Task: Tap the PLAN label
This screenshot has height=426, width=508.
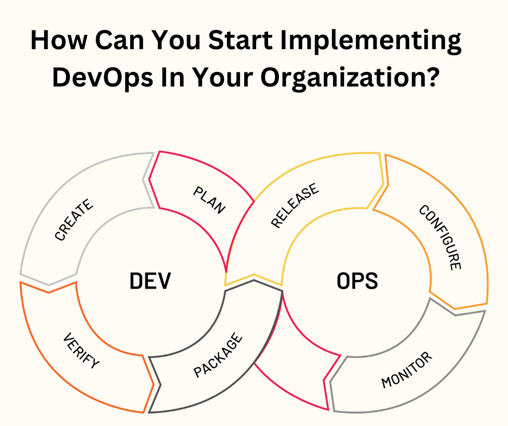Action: click(209, 200)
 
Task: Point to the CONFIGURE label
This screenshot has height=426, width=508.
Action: click(440, 237)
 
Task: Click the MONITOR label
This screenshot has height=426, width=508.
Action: click(406, 370)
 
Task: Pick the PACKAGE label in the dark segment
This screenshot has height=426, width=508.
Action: click(218, 355)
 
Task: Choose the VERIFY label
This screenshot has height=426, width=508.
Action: click(81, 350)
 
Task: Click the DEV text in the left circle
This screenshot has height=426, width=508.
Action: click(150, 281)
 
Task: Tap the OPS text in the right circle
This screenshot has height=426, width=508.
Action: click(357, 281)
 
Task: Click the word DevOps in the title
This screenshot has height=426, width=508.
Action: click(103, 77)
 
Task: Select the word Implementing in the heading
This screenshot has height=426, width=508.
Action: click(371, 41)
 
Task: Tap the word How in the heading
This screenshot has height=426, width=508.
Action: click(59, 40)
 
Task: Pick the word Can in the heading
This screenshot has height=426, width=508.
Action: click(119, 40)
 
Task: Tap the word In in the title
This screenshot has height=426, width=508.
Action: click(173, 77)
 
